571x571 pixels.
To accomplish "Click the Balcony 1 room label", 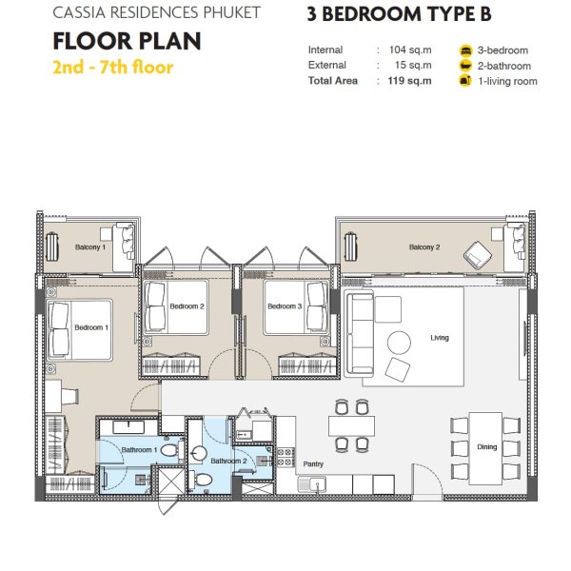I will (90, 247).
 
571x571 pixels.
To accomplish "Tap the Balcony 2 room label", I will (424, 247).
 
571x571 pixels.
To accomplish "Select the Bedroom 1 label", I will (91, 328).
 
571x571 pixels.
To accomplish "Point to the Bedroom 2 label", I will (186, 306).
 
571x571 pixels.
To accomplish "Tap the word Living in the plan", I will (439, 338).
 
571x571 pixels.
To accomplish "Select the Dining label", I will (486, 446).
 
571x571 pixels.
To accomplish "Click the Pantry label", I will (313, 464).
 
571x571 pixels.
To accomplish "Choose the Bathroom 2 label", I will (227, 461).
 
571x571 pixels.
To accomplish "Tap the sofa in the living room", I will (359, 333).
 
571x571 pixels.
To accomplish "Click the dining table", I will (485, 445).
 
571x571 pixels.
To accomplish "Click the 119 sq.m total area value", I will (415, 81).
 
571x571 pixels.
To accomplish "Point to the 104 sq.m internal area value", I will (415, 50).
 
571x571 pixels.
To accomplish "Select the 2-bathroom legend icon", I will (465, 66).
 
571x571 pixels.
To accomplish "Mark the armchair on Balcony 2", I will (475, 252).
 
